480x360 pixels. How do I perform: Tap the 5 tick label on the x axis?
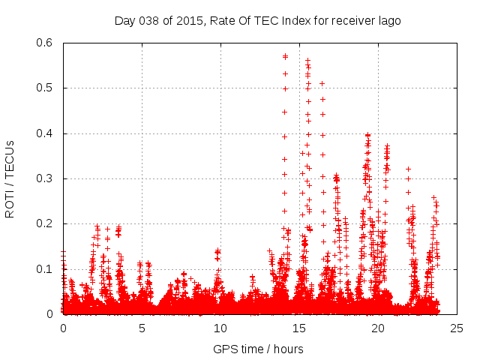point(142,328)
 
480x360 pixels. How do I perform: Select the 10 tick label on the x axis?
point(220,328)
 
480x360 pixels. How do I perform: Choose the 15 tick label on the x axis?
point(299,328)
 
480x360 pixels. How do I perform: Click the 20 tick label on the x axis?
point(378,328)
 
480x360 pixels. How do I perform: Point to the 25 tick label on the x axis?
point(457,328)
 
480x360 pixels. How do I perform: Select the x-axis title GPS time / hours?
point(259,349)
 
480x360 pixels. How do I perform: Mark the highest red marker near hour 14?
point(285,56)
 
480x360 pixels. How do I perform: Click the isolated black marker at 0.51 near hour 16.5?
point(322,83)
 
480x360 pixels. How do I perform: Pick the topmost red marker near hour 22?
point(408,169)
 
